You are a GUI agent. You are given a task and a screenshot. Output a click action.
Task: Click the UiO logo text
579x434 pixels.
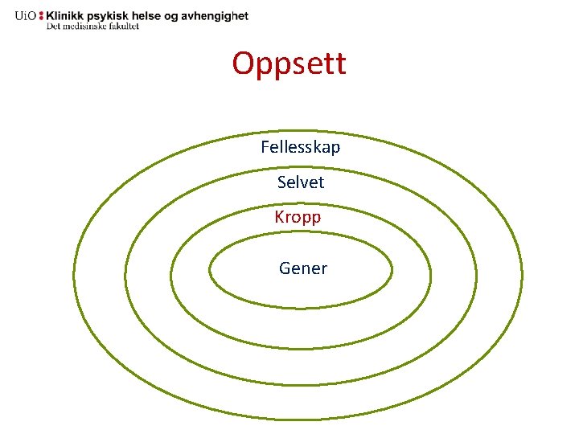(25, 16)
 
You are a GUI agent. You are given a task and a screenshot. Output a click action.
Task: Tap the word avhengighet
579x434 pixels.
(220, 16)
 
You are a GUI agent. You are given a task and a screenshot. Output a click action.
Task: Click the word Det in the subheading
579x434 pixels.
(53, 26)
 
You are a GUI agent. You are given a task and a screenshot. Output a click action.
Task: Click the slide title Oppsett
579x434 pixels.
(289, 63)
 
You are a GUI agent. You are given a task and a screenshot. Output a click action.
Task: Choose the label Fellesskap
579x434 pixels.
(301, 147)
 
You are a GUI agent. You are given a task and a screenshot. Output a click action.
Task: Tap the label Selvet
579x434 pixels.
(301, 182)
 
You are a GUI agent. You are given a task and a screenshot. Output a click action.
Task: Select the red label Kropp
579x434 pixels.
(298, 218)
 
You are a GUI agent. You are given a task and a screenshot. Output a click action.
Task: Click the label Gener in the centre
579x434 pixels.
(303, 268)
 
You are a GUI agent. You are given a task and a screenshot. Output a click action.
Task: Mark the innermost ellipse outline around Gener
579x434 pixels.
(210, 272)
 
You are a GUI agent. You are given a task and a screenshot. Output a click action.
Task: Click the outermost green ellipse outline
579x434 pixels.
(73, 277)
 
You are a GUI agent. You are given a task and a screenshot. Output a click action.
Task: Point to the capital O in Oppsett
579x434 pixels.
(243, 63)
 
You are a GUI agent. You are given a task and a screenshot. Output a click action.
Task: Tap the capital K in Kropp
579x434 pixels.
(280, 217)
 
